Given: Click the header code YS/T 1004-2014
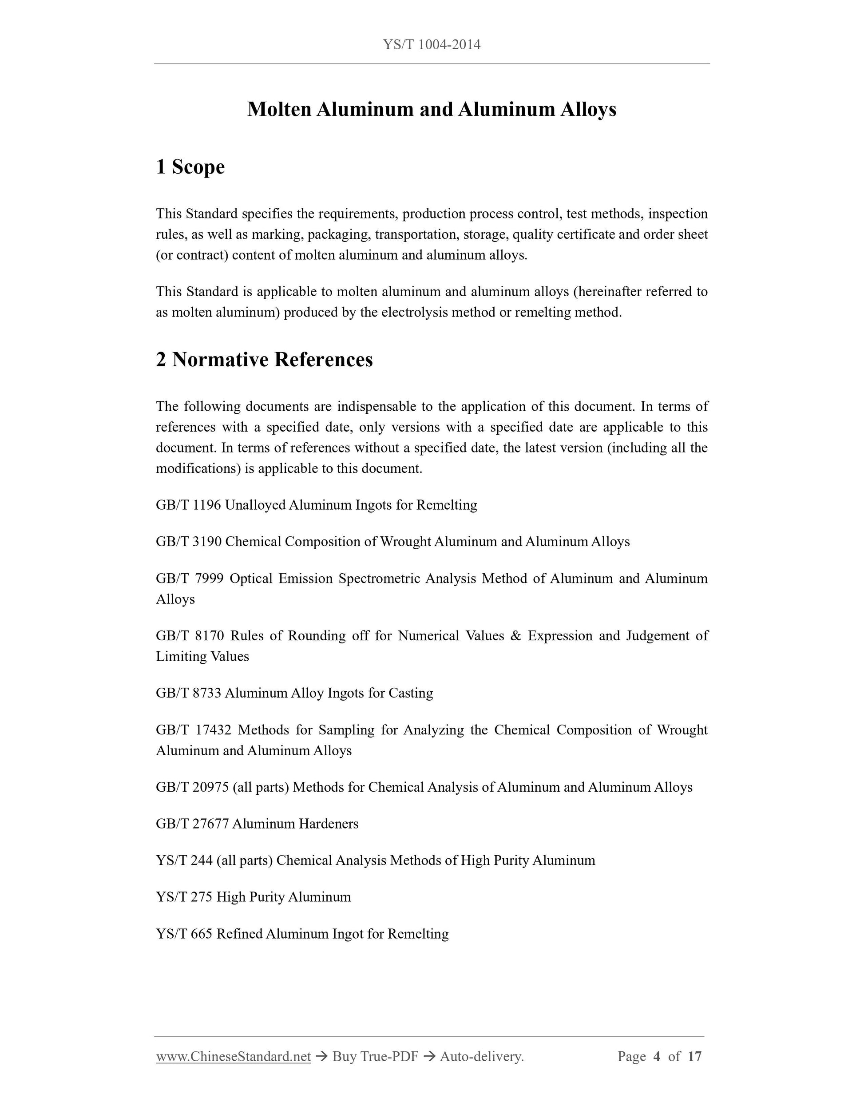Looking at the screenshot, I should (432, 45).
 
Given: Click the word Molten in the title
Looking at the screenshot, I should (279, 110).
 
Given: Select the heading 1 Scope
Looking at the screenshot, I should (190, 167).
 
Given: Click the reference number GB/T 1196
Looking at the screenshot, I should (188, 505).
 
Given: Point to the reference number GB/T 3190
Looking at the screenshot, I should (188, 542).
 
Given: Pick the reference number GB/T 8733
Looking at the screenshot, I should (188, 693).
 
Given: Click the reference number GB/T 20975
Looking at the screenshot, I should (192, 787).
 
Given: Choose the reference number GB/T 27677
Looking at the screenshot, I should (192, 824).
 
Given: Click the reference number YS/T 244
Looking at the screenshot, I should (184, 860).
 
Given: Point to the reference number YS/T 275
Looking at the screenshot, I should (184, 897).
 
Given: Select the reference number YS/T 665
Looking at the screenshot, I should (184, 934).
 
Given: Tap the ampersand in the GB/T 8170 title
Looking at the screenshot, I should (516, 636).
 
